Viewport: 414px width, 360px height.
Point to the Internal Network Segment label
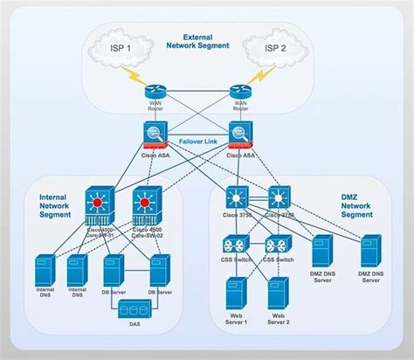[55, 204]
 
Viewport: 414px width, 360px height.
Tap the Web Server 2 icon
[279, 293]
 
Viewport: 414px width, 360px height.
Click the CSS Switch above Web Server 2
[279, 246]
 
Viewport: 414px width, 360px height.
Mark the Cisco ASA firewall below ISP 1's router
[155, 135]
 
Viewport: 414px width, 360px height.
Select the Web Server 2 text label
[279, 319]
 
